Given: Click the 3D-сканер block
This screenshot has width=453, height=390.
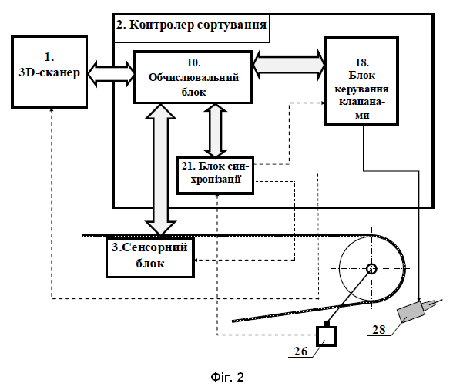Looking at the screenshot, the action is click(49, 72).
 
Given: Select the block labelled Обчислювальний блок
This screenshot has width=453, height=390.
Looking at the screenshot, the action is click(193, 77).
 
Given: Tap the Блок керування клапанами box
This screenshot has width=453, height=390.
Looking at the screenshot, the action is click(362, 81).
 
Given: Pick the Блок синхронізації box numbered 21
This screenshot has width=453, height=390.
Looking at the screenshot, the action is click(215, 176).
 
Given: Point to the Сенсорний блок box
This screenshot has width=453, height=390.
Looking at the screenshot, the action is click(150, 257).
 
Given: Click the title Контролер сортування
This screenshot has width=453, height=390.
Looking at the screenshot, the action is click(191, 25).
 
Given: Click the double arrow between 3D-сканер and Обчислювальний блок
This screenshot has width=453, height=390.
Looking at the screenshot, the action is click(111, 74).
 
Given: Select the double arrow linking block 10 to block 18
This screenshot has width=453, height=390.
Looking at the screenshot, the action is click(289, 65).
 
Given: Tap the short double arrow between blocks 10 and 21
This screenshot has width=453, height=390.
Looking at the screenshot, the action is click(215, 130).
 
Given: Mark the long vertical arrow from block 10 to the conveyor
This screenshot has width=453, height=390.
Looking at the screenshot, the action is click(160, 170).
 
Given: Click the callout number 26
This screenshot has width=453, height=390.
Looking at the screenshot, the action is click(300, 351).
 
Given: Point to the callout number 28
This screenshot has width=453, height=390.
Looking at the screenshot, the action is click(379, 330).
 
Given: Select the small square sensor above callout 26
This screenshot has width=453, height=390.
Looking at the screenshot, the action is click(326, 336).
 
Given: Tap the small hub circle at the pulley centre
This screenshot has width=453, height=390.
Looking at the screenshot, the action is click(371, 269).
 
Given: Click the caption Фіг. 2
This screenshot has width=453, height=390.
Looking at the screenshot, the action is click(227, 377).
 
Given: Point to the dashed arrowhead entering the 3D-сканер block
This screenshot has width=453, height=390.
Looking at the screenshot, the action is click(52, 110).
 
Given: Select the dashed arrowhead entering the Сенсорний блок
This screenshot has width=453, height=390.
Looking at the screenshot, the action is click(196, 261).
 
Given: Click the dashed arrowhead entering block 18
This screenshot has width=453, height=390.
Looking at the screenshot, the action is click(322, 103).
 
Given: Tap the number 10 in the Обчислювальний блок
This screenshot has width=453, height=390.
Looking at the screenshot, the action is click(193, 62).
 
